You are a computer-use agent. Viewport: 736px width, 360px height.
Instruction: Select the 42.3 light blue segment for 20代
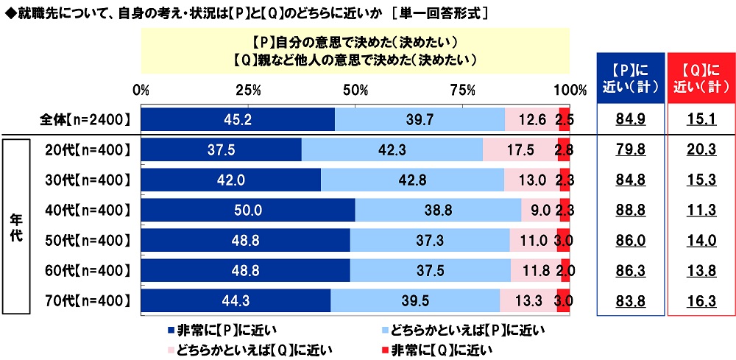[392, 150]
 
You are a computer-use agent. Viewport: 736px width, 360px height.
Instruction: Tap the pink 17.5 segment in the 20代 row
[520, 150]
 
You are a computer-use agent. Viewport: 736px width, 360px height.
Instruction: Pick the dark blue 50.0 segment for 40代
[247, 210]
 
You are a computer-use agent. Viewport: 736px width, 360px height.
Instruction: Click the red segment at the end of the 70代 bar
[564, 300]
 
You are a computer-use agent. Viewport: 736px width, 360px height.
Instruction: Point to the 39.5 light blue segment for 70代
[415, 300]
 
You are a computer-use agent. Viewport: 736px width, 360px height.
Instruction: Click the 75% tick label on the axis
[461, 91]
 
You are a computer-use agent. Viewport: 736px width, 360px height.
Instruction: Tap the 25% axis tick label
[248, 91]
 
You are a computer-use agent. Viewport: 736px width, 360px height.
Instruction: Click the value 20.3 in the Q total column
[701, 150]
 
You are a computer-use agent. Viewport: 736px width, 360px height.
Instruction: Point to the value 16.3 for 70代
[701, 300]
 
